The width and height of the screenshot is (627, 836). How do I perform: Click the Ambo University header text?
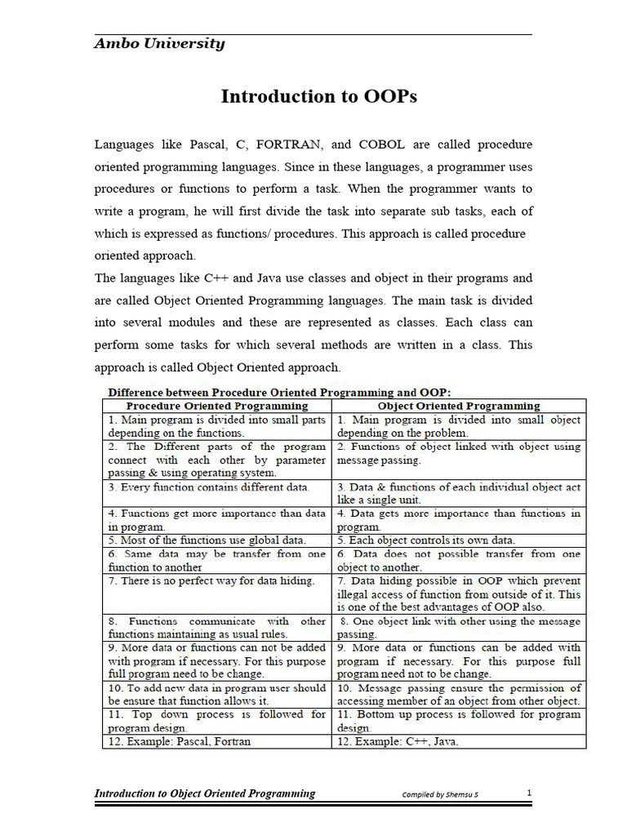(159, 44)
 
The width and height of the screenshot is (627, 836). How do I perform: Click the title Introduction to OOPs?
(319, 96)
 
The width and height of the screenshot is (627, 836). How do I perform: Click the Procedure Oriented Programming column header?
(216, 405)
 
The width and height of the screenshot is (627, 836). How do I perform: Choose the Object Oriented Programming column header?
(458, 405)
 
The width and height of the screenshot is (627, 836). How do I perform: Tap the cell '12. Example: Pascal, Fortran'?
(178, 741)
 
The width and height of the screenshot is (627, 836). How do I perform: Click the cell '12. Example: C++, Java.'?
(398, 741)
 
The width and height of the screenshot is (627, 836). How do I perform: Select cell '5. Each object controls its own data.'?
(426, 540)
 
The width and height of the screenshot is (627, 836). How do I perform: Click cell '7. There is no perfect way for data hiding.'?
(211, 580)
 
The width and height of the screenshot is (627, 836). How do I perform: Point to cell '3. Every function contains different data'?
(207, 487)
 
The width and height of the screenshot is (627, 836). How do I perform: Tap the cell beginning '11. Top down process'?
(216, 720)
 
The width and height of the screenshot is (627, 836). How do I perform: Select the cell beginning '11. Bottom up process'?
(458, 720)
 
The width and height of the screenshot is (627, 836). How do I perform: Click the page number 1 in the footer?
(529, 793)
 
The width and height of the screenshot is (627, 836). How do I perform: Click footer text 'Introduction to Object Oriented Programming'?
(205, 794)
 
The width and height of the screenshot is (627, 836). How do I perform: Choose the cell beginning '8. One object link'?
(458, 627)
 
